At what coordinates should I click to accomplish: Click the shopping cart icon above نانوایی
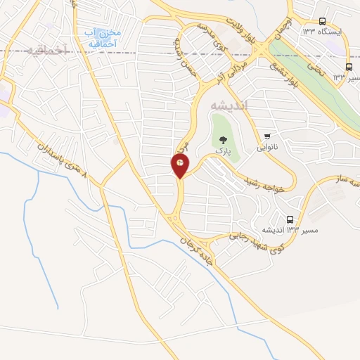[x=267, y=136]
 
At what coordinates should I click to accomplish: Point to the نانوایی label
[x=267, y=148]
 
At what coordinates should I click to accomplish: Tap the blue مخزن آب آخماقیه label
[x=101, y=38]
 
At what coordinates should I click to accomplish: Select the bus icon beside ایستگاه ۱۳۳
[x=322, y=21]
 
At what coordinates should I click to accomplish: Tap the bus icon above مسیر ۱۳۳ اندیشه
[x=290, y=219]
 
